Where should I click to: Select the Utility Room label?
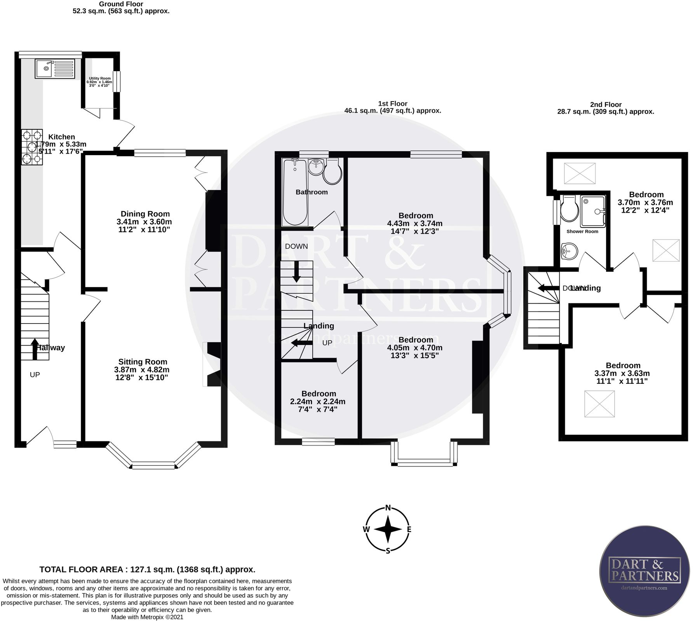pos(99,79)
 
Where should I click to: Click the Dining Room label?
pos(145,214)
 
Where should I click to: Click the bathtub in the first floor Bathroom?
pos(295,192)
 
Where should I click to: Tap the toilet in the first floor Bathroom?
pos(332,172)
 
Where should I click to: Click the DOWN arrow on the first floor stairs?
pos(296,272)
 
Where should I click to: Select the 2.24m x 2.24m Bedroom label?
pos(318,394)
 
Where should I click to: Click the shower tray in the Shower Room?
pos(593,211)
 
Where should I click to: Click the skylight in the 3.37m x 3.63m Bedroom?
pos(599,404)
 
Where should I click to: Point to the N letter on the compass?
pos(387,508)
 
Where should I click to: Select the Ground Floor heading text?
pos(121,4)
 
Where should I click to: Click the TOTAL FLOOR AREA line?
pos(147,570)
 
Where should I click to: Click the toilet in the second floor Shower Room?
pos(569,210)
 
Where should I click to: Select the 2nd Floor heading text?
pos(606,105)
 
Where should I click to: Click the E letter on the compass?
pos(409,529)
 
